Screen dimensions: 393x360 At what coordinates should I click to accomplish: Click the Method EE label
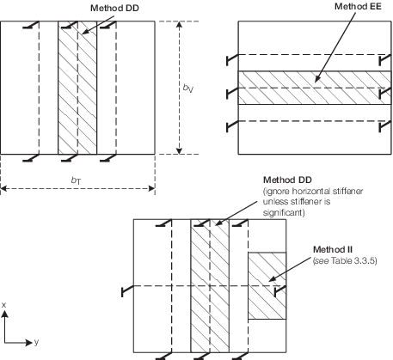coord(358,6)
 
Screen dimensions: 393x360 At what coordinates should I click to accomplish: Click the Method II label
coord(333,250)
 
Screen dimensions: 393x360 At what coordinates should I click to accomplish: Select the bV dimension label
coord(188,88)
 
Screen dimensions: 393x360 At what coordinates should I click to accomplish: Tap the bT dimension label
coord(76,180)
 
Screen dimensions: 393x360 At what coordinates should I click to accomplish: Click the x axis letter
coord(3,305)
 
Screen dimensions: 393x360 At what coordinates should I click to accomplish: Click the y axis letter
coord(36,342)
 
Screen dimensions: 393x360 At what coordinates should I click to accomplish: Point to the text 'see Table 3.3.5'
coord(345,260)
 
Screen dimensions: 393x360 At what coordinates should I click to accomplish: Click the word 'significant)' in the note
coord(284,212)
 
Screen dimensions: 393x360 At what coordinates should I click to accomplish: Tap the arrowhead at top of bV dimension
coord(179,25)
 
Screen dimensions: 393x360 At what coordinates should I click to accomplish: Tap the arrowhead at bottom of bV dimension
coord(179,150)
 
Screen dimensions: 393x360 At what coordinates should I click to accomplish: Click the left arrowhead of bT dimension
coord(3,188)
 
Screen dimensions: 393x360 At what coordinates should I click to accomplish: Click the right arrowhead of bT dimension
coord(151,188)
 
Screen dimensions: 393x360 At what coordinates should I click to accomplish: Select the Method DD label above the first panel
coord(114,8)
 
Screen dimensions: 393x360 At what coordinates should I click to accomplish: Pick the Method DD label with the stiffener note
coord(287,180)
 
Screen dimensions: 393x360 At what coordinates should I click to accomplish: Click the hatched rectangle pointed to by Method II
coord(267,285)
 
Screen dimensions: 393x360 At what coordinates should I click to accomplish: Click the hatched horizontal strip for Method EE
coord(315,88)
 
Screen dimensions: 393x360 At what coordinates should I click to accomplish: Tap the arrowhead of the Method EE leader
coord(316,80)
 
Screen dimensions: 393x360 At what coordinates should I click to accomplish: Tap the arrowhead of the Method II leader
coord(271,279)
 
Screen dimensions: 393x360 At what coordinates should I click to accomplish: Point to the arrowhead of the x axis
coord(5,314)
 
